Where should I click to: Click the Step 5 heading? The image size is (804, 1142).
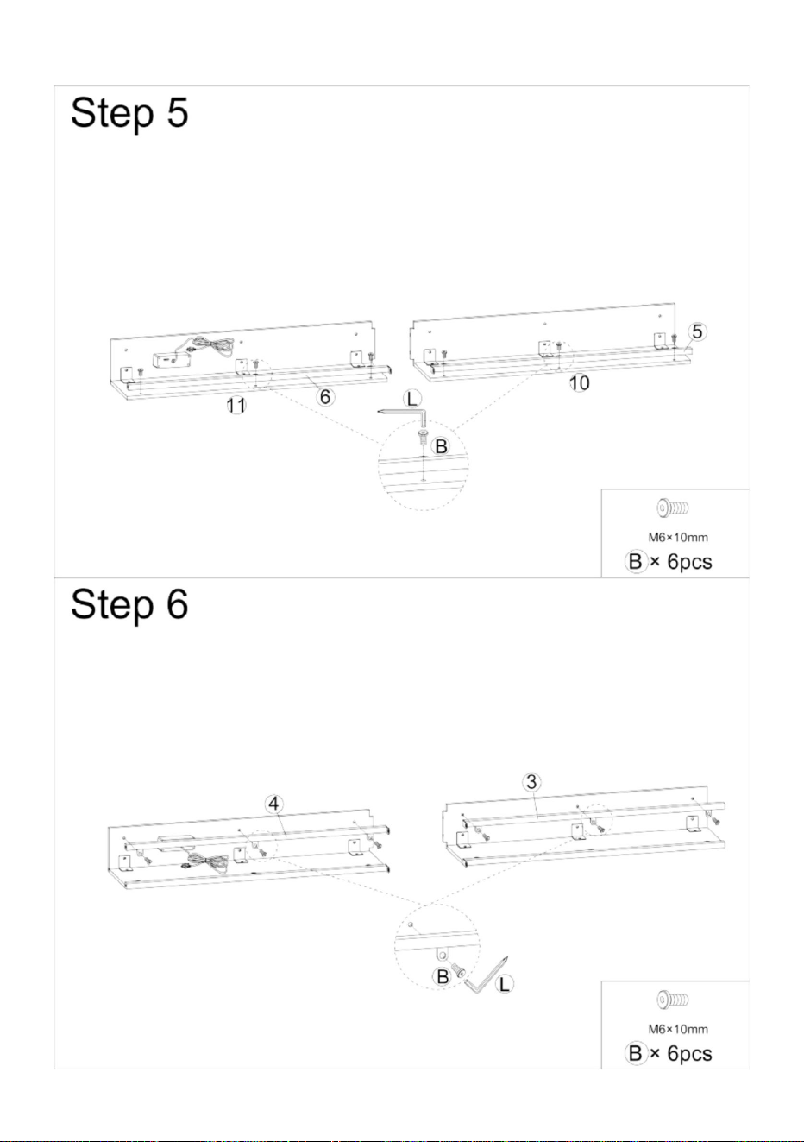(x=129, y=113)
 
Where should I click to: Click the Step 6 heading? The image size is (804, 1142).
(x=129, y=604)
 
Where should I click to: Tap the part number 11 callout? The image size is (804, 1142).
(x=236, y=406)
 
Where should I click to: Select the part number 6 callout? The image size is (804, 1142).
(x=325, y=396)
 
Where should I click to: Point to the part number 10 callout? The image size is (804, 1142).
(x=580, y=383)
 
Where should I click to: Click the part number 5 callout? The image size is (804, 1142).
(x=697, y=331)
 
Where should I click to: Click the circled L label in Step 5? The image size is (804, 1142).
(x=412, y=399)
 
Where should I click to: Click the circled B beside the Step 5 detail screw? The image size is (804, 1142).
(x=441, y=446)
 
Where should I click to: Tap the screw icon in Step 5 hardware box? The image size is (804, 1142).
(x=673, y=508)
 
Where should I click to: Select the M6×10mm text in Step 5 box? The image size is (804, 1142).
(x=678, y=537)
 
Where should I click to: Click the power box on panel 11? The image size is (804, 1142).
(x=171, y=361)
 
